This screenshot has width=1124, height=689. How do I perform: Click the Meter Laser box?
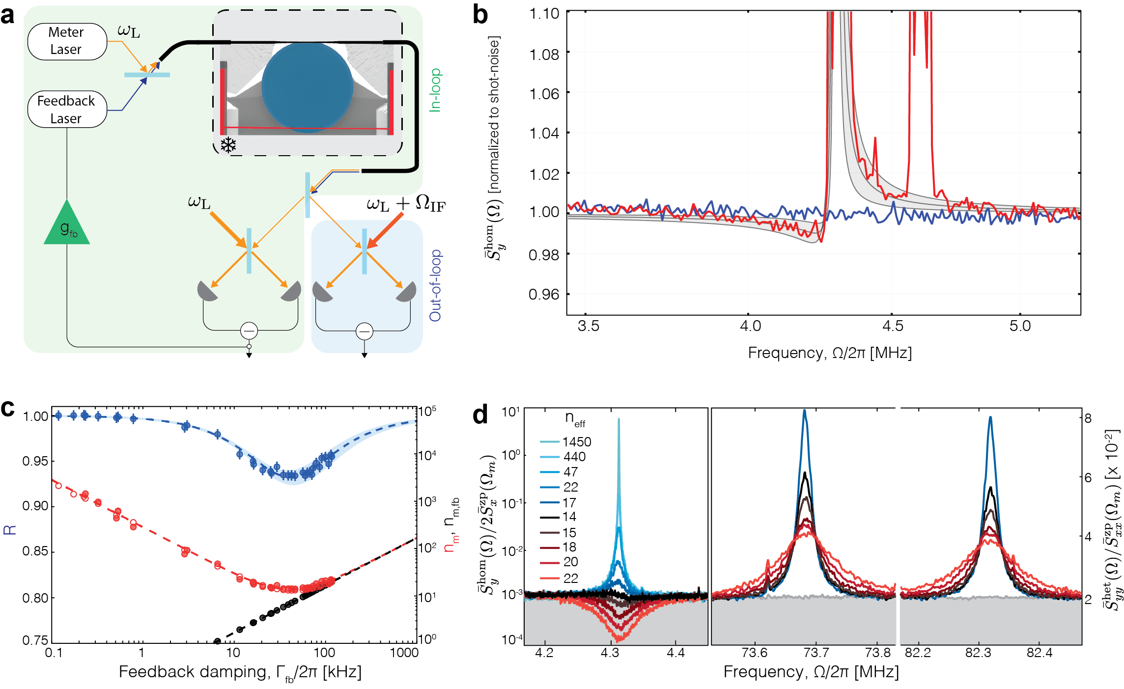tap(67, 41)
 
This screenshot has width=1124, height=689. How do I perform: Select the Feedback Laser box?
tap(67, 109)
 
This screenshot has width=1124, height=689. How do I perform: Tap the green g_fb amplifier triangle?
tap(67, 225)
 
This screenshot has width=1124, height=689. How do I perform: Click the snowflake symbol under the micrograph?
tap(228, 145)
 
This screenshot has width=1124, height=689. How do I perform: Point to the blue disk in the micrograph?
tap(307, 87)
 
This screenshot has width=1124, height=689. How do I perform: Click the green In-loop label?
tap(435, 90)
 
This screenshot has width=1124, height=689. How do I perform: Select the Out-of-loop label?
tap(435, 285)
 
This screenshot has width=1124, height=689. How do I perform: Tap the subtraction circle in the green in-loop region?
tap(249, 331)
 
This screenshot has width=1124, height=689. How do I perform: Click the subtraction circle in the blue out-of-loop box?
tap(364, 331)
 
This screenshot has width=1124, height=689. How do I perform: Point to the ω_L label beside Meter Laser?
tap(129, 31)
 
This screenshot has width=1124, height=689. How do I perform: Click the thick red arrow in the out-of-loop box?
tap(386, 229)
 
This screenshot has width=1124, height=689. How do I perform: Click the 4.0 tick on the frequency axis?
tap(751, 326)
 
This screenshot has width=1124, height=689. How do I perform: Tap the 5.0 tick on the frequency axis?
tap(1020, 326)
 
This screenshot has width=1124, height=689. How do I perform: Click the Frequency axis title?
tap(830, 353)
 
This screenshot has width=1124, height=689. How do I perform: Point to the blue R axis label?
tap(10, 529)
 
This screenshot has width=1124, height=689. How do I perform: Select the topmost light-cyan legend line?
tap(550, 442)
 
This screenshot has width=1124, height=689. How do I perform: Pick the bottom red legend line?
tap(550, 579)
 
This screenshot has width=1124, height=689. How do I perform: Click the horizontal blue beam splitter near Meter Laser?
tap(147, 75)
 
